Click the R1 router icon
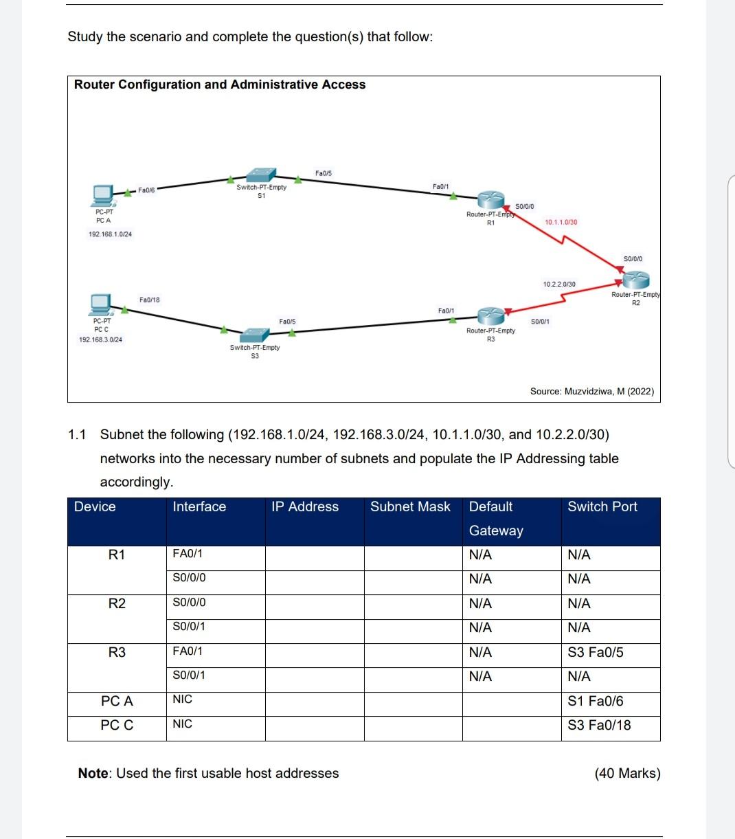point(491,200)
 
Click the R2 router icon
point(636,279)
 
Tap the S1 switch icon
point(261,175)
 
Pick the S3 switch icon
point(255,335)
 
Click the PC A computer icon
point(104,195)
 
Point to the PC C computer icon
point(101,304)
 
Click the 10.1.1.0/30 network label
point(561,222)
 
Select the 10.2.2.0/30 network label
point(559,284)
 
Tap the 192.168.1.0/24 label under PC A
point(110,234)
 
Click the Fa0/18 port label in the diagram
point(149,300)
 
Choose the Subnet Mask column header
point(410,507)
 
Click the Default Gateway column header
point(496,519)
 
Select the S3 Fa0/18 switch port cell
point(599,726)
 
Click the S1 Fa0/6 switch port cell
point(596,702)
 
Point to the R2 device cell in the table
point(117,604)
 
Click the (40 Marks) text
point(627,774)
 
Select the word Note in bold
point(93,774)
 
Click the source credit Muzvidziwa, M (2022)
point(591,392)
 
